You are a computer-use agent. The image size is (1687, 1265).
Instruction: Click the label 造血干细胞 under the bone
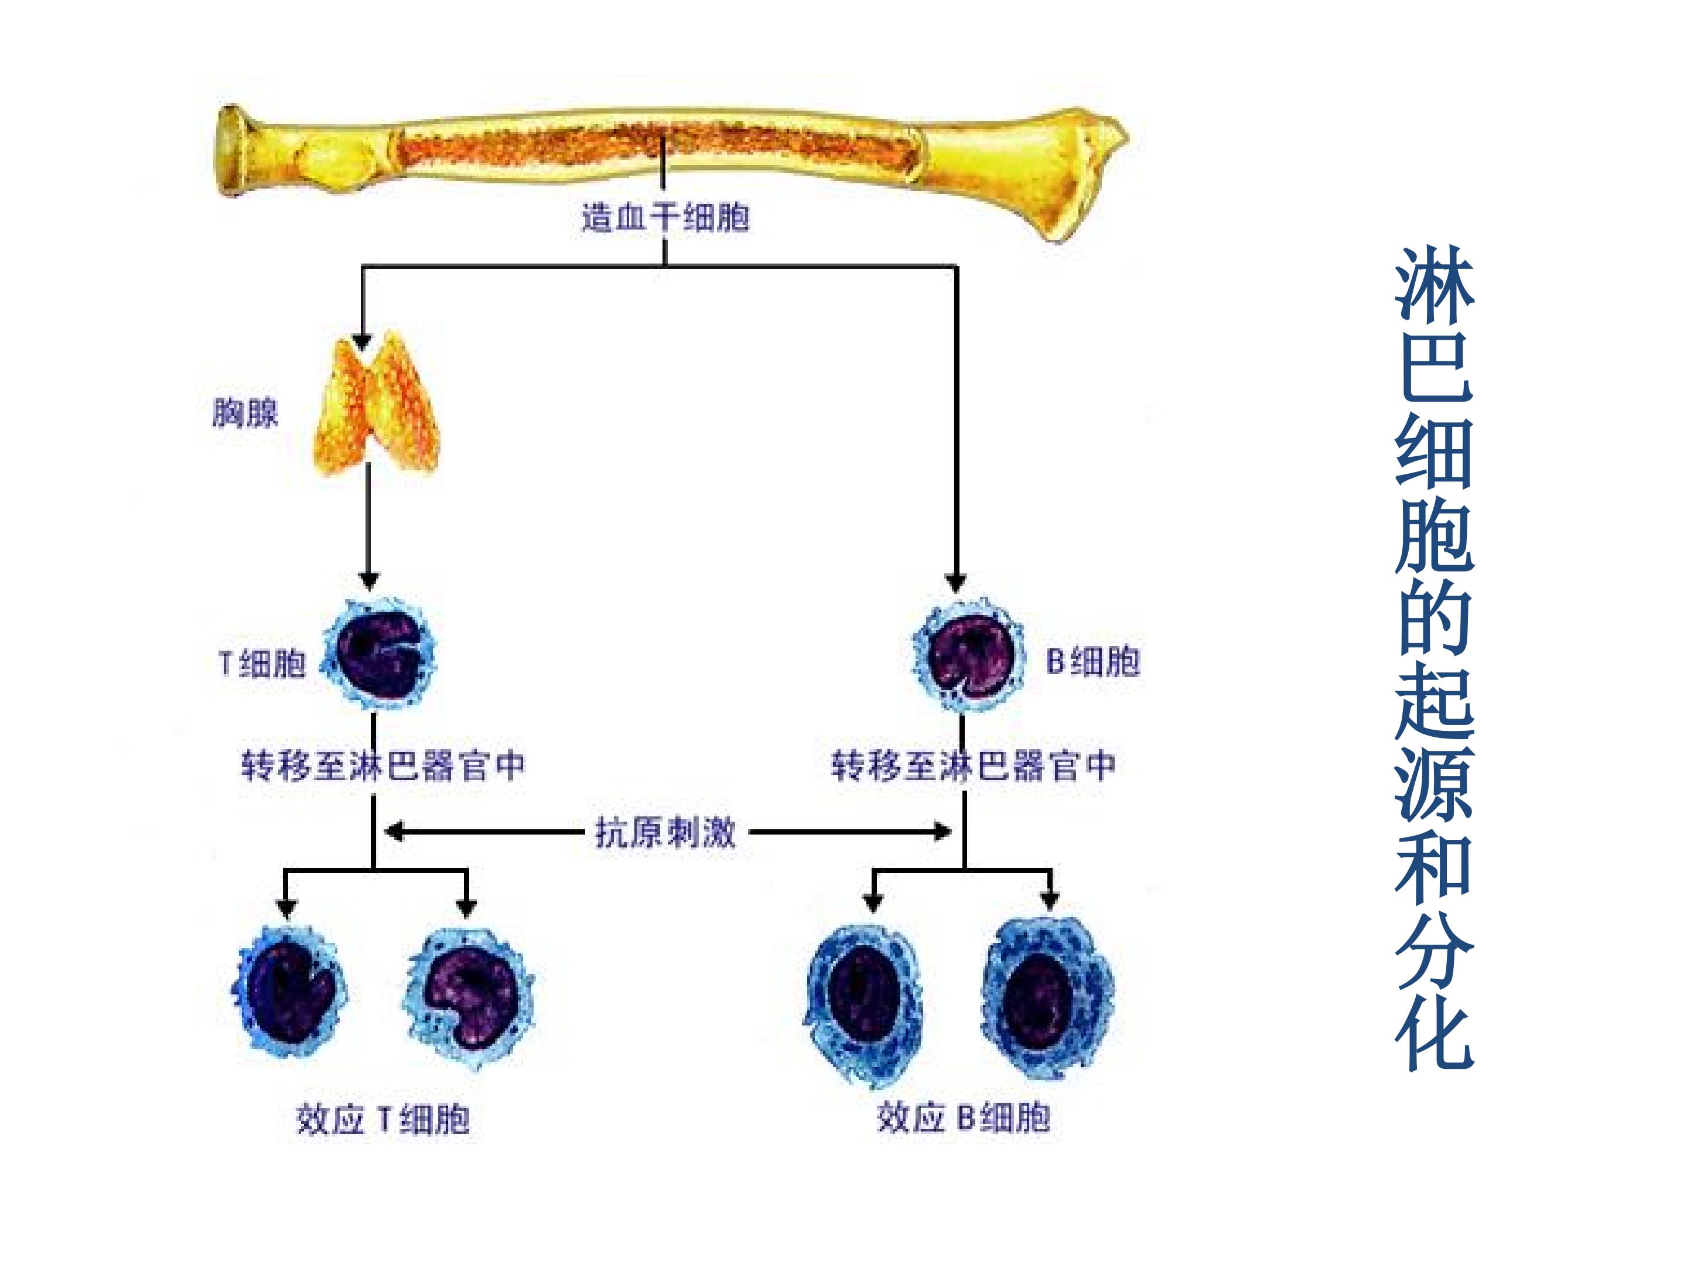pos(665,218)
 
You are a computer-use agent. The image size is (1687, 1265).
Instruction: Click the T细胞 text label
pos(262,664)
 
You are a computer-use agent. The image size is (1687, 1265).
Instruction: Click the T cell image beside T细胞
pos(379,654)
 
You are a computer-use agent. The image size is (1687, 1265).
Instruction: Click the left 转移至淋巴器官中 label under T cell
pos(384,765)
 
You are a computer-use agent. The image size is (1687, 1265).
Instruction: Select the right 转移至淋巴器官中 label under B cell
pos(973,765)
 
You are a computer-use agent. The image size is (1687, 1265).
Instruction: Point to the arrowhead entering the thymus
pos(361,341)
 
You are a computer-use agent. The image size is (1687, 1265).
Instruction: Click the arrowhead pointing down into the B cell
pos(955,583)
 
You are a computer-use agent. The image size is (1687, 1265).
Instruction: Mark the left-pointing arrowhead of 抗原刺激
pos(394,831)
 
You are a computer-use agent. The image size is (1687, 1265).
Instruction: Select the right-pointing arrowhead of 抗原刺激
pos(942,831)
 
